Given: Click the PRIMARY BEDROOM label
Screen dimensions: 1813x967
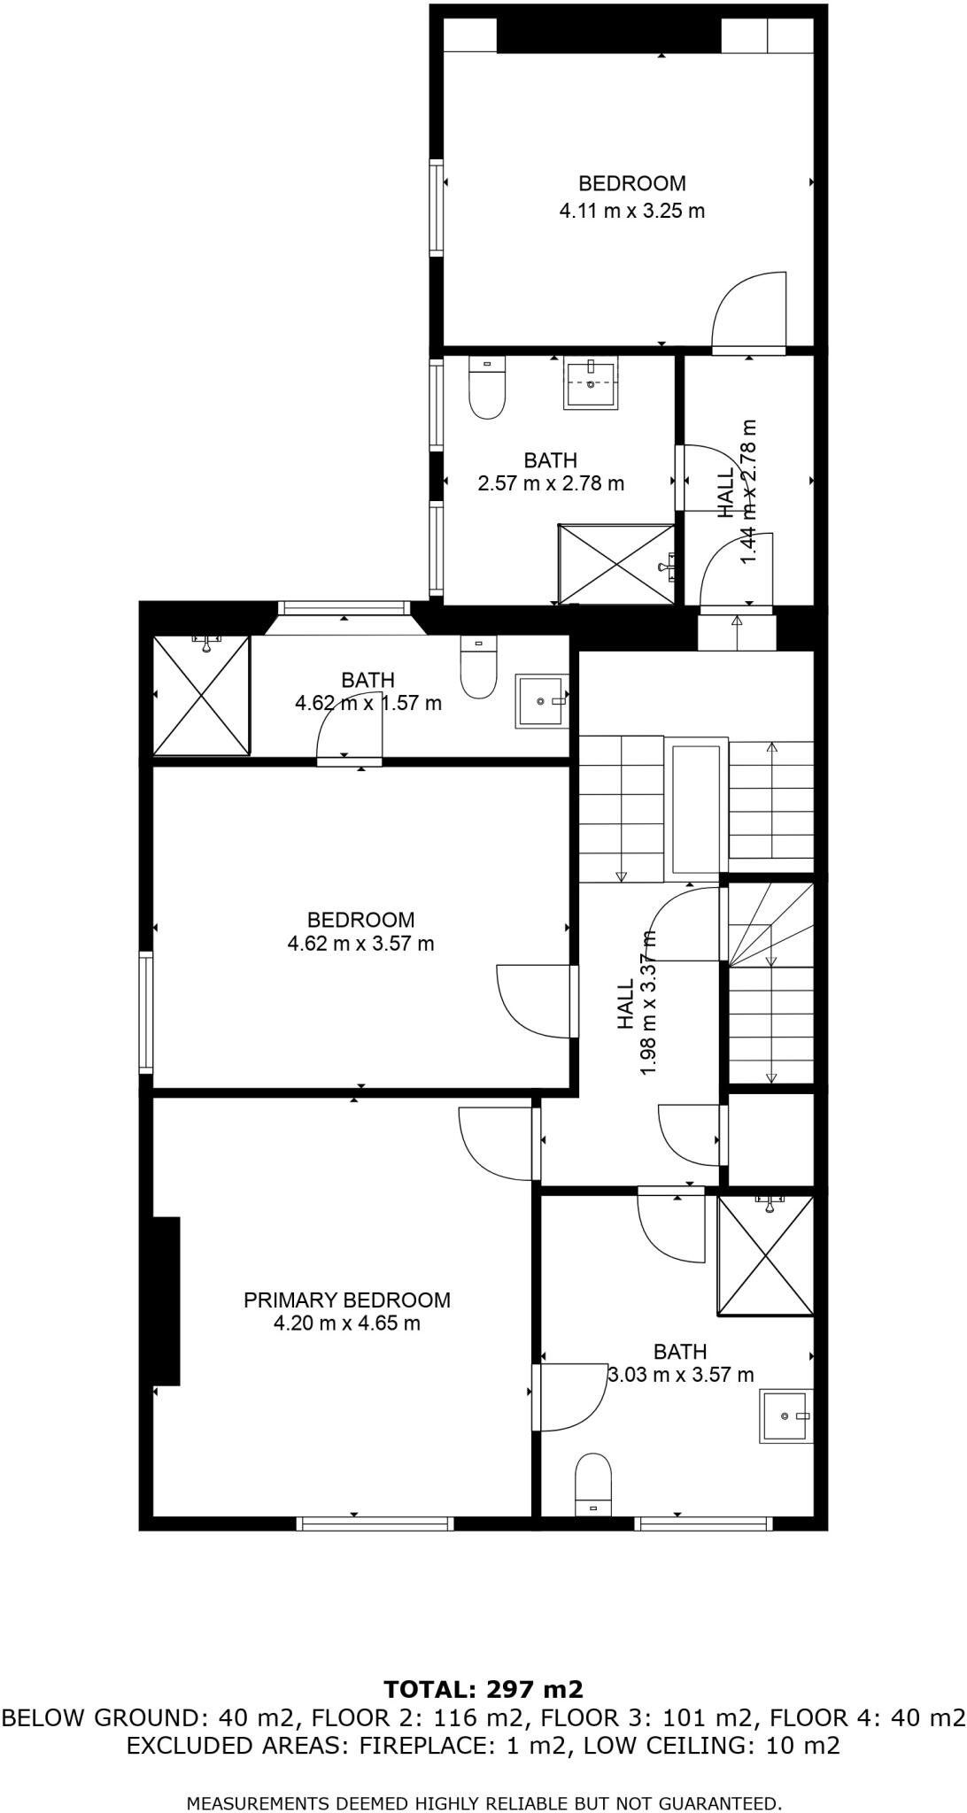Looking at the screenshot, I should pyautogui.click(x=346, y=1300).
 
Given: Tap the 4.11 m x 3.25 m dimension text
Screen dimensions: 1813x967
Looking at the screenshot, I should pyautogui.click(x=631, y=211).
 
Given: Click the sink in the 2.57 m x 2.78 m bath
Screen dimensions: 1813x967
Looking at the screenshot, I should pyautogui.click(x=591, y=383).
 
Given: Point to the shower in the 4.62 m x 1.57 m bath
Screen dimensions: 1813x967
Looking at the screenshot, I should pyautogui.click(x=202, y=696).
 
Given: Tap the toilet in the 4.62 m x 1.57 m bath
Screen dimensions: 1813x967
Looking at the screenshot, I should pyautogui.click(x=479, y=669).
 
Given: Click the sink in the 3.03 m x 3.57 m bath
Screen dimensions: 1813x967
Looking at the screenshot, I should pyautogui.click(x=785, y=1416).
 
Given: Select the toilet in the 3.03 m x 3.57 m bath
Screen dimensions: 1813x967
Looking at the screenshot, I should pyautogui.click(x=593, y=1484).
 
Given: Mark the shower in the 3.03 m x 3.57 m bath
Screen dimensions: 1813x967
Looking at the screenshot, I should pyautogui.click(x=765, y=1255).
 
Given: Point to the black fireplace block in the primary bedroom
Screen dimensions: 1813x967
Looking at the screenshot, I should pyautogui.click(x=166, y=1300).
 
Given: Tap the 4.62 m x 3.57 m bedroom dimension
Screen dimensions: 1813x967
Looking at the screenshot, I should pyautogui.click(x=360, y=944).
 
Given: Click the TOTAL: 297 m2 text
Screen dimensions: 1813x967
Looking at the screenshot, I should pyautogui.click(x=483, y=1689).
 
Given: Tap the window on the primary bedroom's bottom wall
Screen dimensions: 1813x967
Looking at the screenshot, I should pyautogui.click(x=375, y=1524).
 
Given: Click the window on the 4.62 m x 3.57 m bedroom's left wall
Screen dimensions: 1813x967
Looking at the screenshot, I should pyautogui.click(x=145, y=1013).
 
